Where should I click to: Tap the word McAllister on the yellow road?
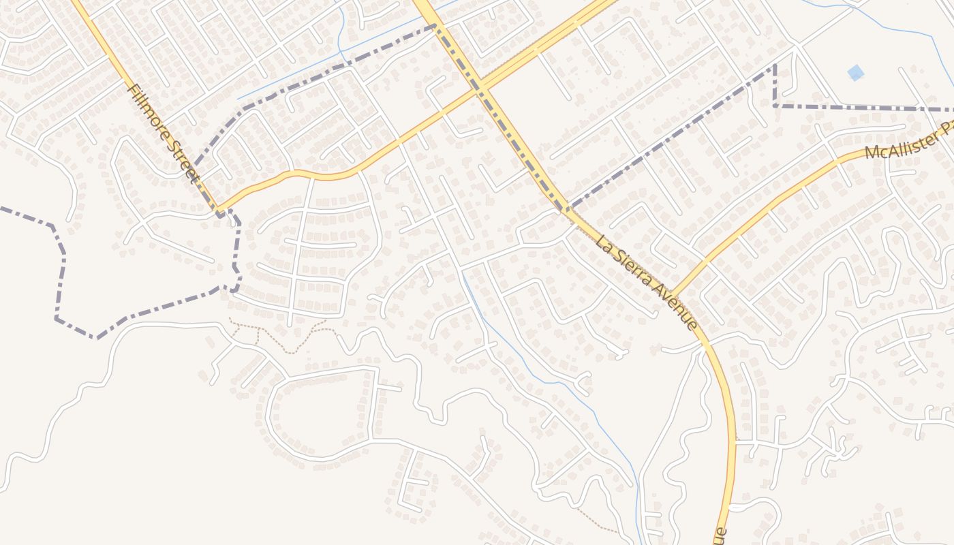(x=899, y=144)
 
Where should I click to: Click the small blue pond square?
(x=855, y=72)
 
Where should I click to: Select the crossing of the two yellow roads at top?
(x=480, y=87)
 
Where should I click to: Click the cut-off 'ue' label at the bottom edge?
(x=721, y=536)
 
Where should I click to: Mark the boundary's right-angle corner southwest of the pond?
(x=775, y=106)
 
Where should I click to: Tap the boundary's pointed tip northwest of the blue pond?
(x=775, y=66)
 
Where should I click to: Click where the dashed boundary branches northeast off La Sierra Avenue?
(x=567, y=208)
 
